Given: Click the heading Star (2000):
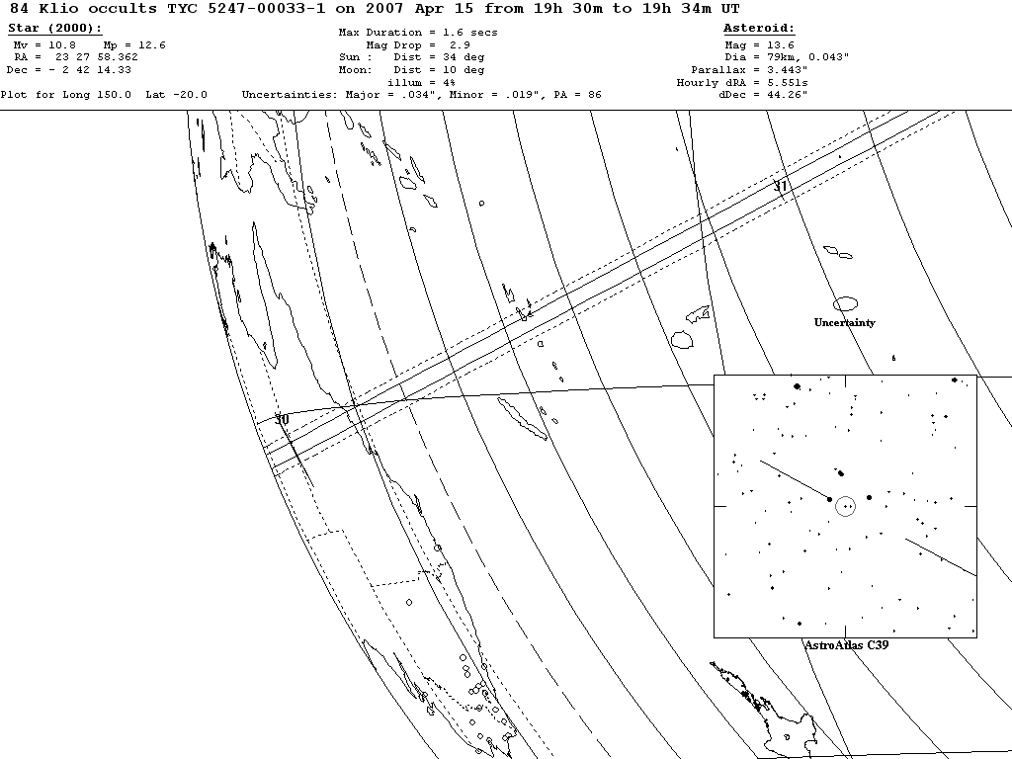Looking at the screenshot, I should tap(55, 28).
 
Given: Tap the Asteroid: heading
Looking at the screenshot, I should tap(759, 28).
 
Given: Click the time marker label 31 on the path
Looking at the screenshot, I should tap(781, 186).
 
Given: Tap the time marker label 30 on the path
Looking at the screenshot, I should tap(282, 420).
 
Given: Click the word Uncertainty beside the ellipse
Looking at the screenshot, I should tap(844, 323).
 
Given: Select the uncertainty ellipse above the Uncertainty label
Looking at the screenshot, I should tap(845, 304).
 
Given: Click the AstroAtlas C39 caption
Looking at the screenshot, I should tap(845, 644).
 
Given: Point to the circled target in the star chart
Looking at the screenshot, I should tap(845, 506).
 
